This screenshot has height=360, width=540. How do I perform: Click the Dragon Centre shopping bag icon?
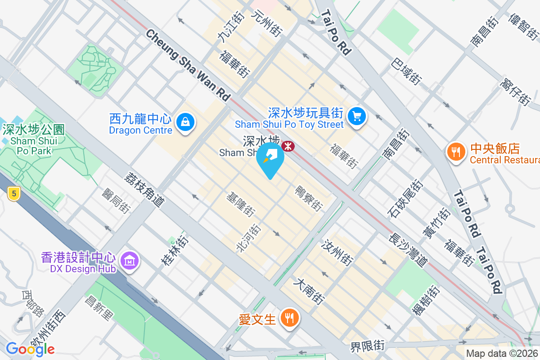coord(185,121)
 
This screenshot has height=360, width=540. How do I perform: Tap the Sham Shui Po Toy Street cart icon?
coord(357,116)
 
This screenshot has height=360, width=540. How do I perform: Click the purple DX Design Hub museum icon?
coord(130,260)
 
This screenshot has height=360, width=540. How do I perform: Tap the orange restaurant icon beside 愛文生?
coord(288,318)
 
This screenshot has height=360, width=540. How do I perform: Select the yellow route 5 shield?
coord(14,194)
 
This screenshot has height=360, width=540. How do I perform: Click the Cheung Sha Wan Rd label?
coord(188,65)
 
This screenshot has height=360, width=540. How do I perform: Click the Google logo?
coord(30,349)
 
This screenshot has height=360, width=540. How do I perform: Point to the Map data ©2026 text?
coord(502,354)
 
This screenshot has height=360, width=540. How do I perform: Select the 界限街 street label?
coord(368,346)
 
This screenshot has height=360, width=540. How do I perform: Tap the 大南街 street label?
coord(309,291)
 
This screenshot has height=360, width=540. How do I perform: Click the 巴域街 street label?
coord(406,72)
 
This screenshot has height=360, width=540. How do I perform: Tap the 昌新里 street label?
coord(99,308)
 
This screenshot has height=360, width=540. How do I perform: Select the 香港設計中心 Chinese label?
coord(79,257)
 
